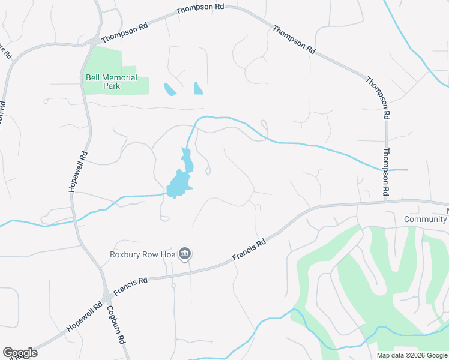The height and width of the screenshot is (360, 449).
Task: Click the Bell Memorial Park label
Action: pyautogui.click(x=111, y=82)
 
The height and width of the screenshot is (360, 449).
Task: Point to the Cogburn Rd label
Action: pyautogui.click(x=116, y=324)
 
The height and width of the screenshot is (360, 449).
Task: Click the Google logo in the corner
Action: pyautogui.click(x=20, y=352)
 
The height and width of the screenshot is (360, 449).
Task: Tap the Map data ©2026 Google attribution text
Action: pyautogui.click(x=411, y=355)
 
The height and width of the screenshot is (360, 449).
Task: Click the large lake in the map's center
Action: pyautogui.click(x=178, y=184)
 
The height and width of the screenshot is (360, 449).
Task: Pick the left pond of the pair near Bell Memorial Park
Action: pyautogui.click(x=170, y=90)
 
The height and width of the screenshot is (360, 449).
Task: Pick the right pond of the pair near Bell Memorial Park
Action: pyautogui.click(x=198, y=89)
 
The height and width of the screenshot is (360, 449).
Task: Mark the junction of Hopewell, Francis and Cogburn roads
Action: pyautogui.click(x=107, y=296)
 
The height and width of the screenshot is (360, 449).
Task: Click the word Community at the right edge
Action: pyautogui.click(x=425, y=219)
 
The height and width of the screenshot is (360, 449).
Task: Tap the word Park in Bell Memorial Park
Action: pyautogui.click(x=111, y=86)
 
